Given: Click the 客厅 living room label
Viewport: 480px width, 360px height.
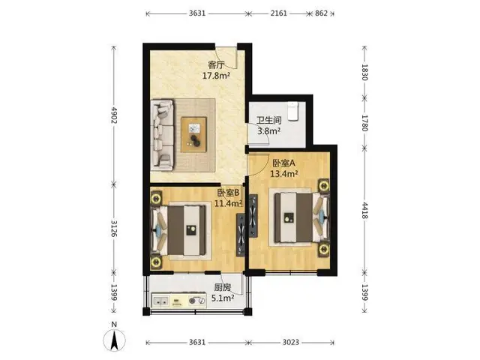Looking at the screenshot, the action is point(216,65).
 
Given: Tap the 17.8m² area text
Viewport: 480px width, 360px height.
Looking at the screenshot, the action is point(216,75).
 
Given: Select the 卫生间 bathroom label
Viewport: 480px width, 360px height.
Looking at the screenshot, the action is point(269,120).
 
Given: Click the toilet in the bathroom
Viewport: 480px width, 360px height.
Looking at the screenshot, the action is point(293,112).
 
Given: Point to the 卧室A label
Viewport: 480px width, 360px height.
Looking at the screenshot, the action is point(283,163).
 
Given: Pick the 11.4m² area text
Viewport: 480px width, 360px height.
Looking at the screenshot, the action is point(228,203).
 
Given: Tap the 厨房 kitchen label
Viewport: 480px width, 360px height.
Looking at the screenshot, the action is point(223,287).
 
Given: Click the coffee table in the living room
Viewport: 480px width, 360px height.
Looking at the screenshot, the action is point(193,134).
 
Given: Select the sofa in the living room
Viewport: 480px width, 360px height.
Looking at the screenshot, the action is point(163,135).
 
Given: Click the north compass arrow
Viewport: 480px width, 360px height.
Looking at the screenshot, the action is point(114,340).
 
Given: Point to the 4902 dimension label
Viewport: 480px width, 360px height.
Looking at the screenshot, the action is point(114,115).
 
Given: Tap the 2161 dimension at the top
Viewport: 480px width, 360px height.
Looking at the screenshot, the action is point(278,13).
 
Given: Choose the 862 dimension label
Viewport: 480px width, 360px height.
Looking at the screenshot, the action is point(321,13).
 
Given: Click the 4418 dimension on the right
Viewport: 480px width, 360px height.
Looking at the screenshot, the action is point(364,210).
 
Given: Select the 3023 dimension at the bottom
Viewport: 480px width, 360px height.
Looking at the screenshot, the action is point(290,342).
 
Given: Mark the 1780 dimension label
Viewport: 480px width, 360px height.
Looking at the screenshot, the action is point(364,123).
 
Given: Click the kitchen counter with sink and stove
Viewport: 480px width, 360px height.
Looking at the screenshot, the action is point(179,301).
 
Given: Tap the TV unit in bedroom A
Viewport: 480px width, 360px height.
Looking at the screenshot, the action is point(253,216).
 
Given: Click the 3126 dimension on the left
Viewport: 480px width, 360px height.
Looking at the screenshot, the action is point(114,228).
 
